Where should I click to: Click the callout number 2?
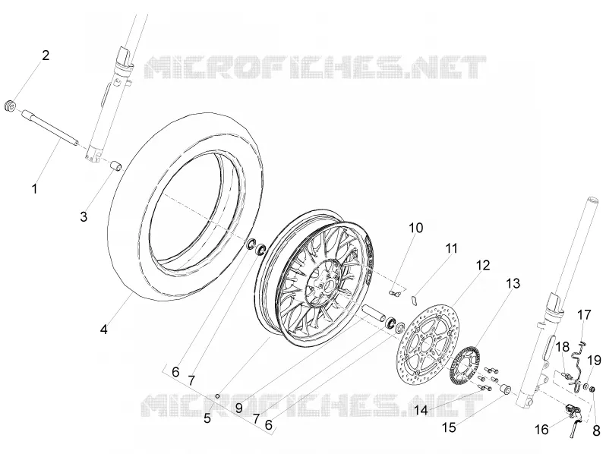pos(46,55)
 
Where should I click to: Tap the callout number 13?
pos(513,284)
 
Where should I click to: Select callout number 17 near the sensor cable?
pos(585,315)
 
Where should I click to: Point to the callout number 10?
pos(416,228)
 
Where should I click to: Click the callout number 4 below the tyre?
pos(103,329)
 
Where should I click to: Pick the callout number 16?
pos(542,429)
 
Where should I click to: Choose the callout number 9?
pos(238,408)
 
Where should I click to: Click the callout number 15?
pos(449,427)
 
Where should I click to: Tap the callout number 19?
pos(595,361)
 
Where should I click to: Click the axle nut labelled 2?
pos(11,106)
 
